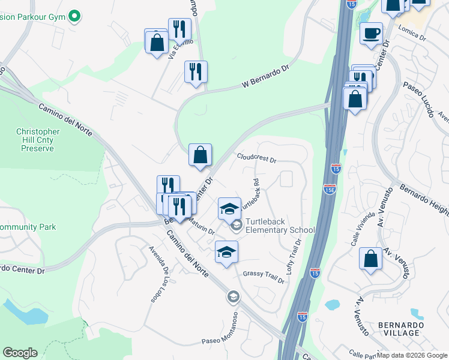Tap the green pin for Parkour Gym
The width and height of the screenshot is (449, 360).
click(74, 16)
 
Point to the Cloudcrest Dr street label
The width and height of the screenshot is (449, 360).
click(256, 158)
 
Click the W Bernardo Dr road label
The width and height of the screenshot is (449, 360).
click(266, 78)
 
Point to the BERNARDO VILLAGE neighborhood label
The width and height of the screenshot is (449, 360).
click(401, 329)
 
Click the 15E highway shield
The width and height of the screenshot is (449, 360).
click(330, 189)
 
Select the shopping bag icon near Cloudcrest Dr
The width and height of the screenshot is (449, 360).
click(200, 155)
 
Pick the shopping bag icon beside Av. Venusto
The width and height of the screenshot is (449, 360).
click(371, 259)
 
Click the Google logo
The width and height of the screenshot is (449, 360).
click(20, 353)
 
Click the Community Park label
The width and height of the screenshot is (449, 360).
click(28, 227)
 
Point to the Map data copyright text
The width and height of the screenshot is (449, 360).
click(412, 355)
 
